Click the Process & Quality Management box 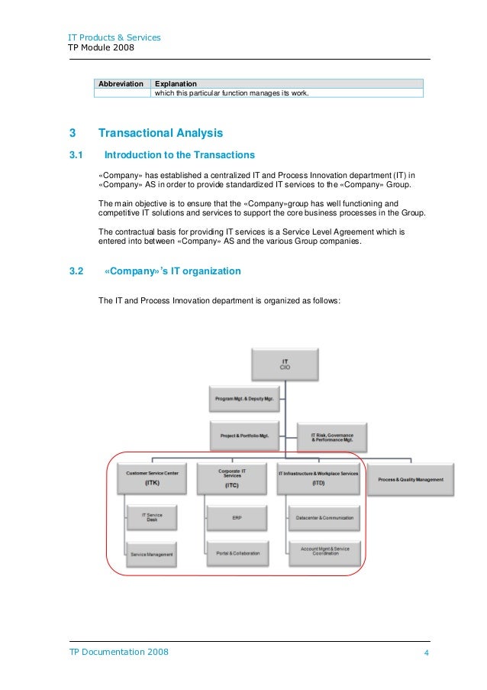[x=411, y=479]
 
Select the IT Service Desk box [x=153, y=518]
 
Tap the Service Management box [x=152, y=553]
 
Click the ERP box [x=237, y=518]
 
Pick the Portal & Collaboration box [x=237, y=552]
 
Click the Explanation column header [x=176, y=83]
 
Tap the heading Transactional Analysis [x=160, y=133]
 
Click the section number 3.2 [x=76, y=270]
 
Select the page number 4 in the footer [x=427, y=653]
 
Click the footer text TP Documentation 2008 [x=119, y=652]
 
